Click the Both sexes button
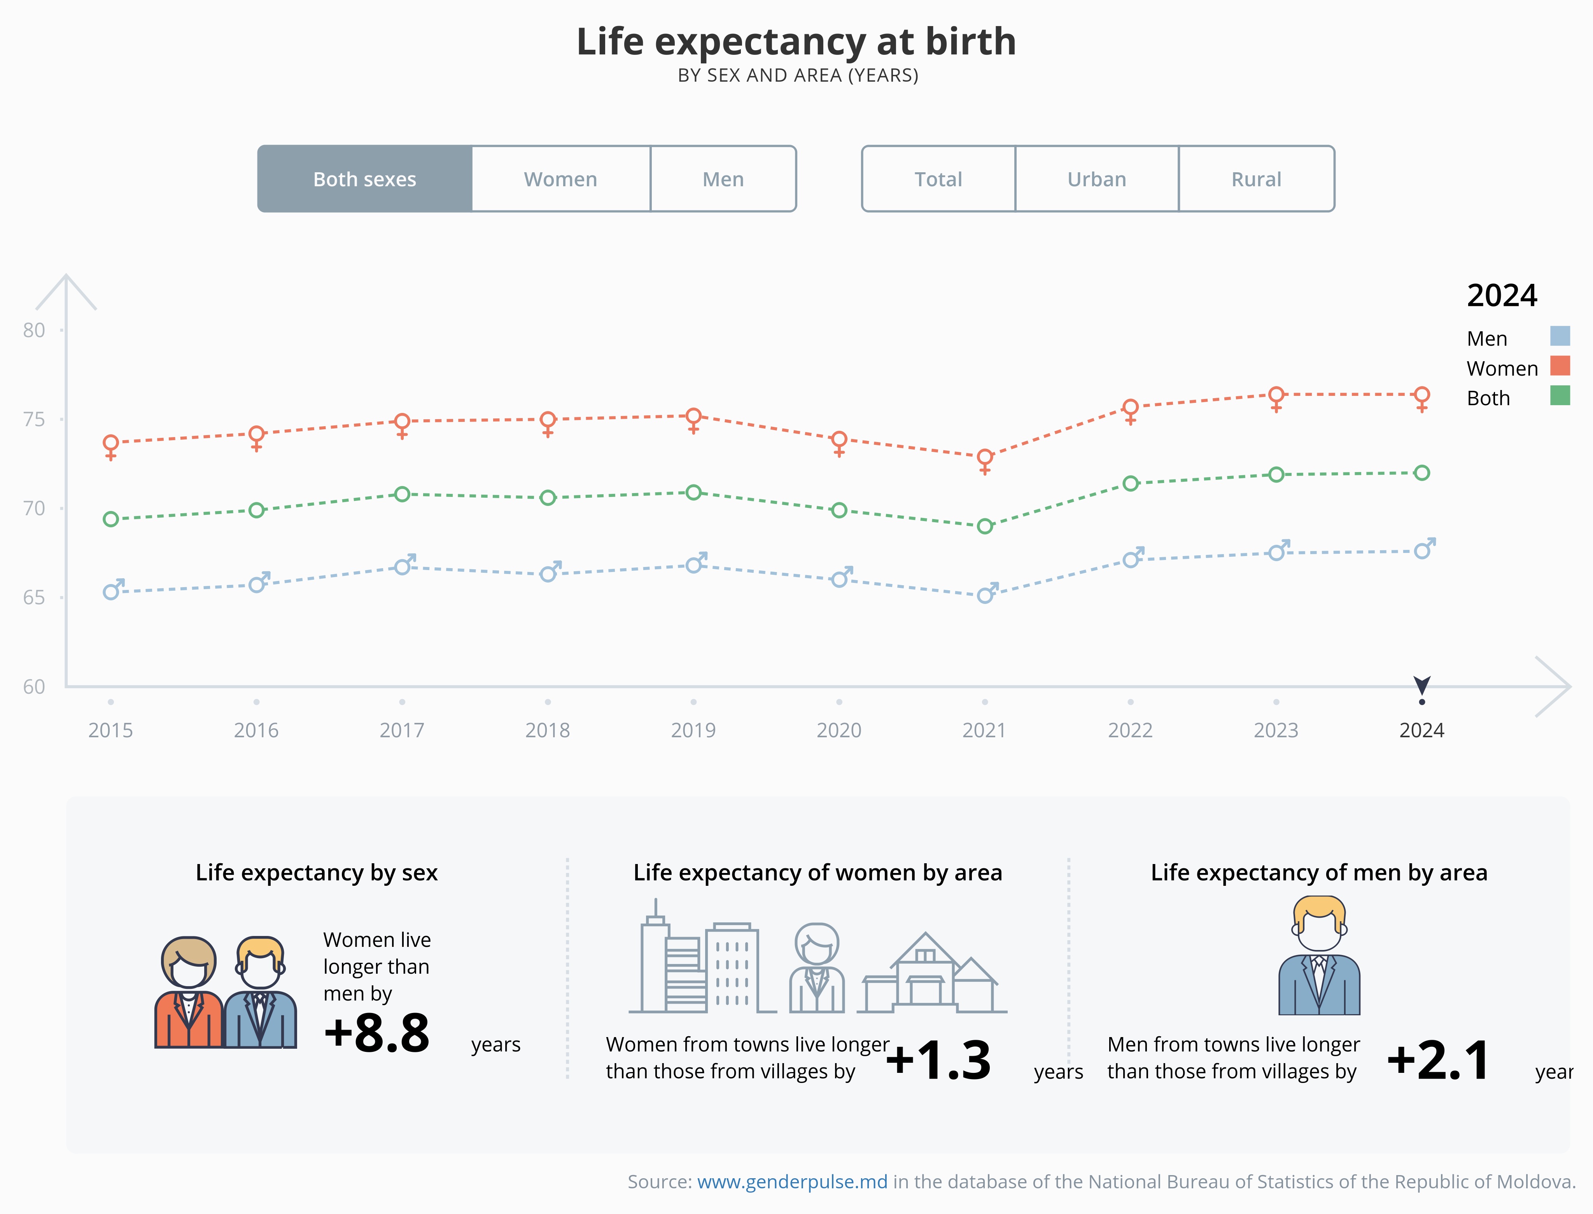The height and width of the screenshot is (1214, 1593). pos(365,179)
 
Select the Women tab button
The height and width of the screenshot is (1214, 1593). pos(561,179)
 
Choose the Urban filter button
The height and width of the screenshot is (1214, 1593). pos(1096,179)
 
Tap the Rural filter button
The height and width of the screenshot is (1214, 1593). pos(1256,179)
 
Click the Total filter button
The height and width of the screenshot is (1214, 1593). pos(938,179)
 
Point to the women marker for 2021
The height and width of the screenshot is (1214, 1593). pos(984,458)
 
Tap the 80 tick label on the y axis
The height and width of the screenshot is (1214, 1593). pos(34,330)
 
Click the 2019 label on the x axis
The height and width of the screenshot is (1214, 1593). pos(693,731)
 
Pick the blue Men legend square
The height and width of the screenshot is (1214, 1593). pos(1560,336)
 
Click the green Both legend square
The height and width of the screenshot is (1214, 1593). pos(1560,395)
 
